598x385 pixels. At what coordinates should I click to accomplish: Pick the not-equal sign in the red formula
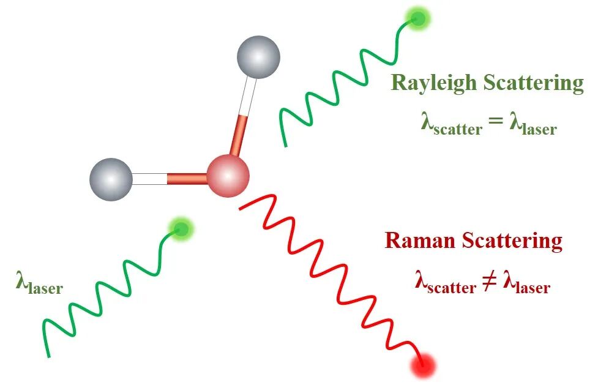(x=490, y=282)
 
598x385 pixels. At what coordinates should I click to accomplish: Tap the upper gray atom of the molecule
(x=258, y=58)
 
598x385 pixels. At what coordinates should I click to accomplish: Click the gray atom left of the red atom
(x=111, y=179)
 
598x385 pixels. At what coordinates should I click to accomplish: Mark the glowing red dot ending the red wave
(x=424, y=366)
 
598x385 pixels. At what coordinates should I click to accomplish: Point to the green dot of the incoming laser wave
(x=181, y=229)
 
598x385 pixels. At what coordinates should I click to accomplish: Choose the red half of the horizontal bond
(x=187, y=179)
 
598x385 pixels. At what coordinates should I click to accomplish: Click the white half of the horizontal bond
(x=149, y=179)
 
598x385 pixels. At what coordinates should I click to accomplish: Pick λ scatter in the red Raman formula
(x=445, y=283)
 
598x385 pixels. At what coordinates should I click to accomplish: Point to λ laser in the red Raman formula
(x=526, y=283)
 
